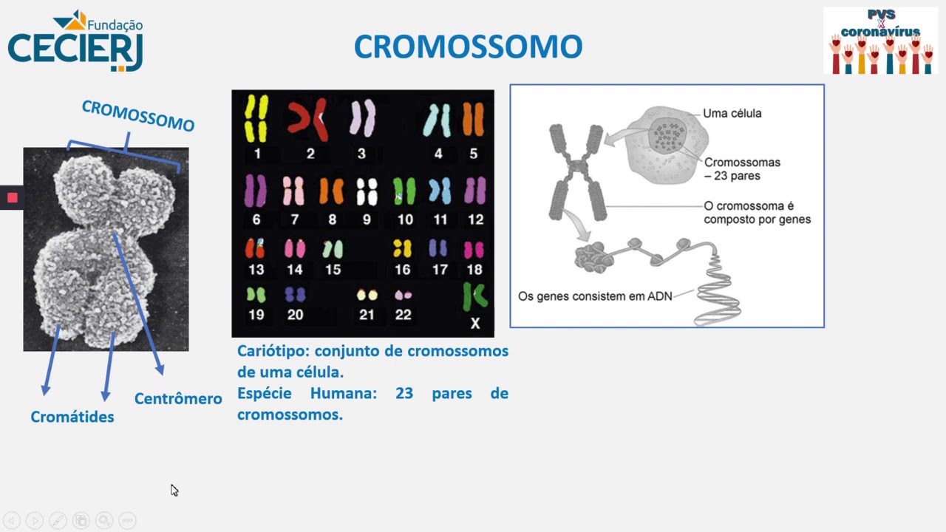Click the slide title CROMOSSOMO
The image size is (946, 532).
click(x=468, y=47)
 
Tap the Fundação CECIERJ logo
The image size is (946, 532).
click(x=75, y=41)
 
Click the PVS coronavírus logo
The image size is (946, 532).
click(x=880, y=41)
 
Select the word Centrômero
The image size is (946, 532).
click(x=178, y=399)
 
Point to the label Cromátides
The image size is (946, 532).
click(x=72, y=417)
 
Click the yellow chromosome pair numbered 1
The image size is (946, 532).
click(x=256, y=117)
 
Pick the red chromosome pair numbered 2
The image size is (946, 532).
click(x=308, y=118)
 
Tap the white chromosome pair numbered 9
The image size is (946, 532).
click(x=367, y=191)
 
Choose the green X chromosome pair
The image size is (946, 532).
click(x=474, y=296)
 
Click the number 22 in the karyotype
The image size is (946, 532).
click(x=403, y=315)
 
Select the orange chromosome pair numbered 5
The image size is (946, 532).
click(x=473, y=119)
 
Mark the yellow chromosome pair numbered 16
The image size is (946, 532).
click(x=402, y=248)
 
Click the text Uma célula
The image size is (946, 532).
click(x=732, y=114)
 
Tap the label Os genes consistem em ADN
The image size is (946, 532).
click(x=595, y=296)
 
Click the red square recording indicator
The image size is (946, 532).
click(x=13, y=197)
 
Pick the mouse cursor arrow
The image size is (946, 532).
click(x=174, y=490)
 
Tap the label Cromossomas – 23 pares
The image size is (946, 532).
click(x=741, y=169)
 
